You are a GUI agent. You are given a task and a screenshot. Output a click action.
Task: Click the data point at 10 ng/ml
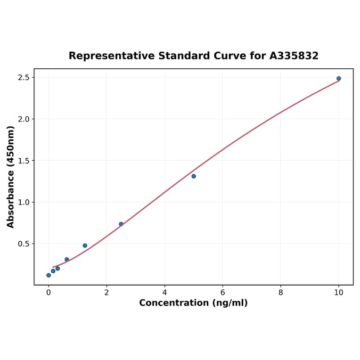click(338, 79)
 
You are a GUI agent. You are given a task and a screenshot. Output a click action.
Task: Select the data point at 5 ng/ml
click(194, 176)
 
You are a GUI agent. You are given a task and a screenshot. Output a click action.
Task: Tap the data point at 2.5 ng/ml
click(121, 224)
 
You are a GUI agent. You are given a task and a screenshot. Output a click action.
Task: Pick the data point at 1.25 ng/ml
click(85, 245)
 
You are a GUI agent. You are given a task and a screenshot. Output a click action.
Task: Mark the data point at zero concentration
click(49, 275)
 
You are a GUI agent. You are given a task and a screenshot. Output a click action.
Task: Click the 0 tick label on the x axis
click(49, 293)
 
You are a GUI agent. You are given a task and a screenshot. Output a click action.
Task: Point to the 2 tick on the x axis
click(106, 293)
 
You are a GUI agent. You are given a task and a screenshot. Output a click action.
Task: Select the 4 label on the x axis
click(164, 293)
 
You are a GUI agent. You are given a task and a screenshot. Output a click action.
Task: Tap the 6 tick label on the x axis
click(222, 293)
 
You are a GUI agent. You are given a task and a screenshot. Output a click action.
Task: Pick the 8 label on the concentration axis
click(281, 293)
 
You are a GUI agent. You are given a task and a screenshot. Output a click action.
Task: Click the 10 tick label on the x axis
click(338, 293)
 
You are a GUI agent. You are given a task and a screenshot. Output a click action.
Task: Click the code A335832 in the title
click(294, 56)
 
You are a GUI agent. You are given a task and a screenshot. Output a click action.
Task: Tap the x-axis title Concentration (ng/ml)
click(193, 303)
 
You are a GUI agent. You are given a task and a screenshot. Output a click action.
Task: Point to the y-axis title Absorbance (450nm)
click(11, 177)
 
